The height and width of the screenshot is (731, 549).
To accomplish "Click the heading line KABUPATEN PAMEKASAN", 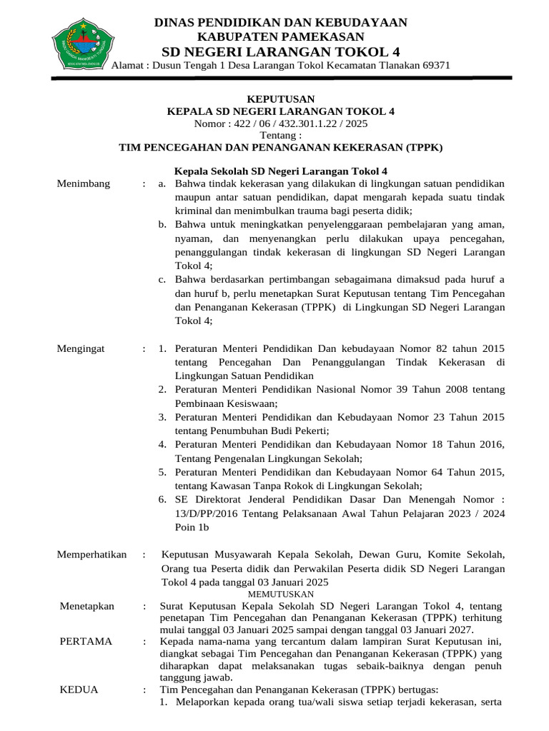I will point(281,36).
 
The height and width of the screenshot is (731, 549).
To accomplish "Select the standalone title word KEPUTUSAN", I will point(280,99).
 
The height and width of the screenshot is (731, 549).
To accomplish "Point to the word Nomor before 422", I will point(209,123).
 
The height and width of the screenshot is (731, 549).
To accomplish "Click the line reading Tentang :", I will point(280,136).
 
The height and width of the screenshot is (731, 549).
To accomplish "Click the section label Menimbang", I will point(84,184).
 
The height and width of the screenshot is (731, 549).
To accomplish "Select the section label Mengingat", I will point(81,348).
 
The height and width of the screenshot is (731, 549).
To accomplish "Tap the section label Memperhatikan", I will point(91,554).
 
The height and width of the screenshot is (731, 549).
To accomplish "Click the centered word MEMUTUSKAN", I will point(280,594).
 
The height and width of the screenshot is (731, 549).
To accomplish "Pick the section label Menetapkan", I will point(87,606).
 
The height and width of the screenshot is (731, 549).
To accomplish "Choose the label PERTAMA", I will point(86,641).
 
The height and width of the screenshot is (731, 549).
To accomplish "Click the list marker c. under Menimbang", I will point(163,278).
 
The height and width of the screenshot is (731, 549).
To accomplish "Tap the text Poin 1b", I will point(192,527).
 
